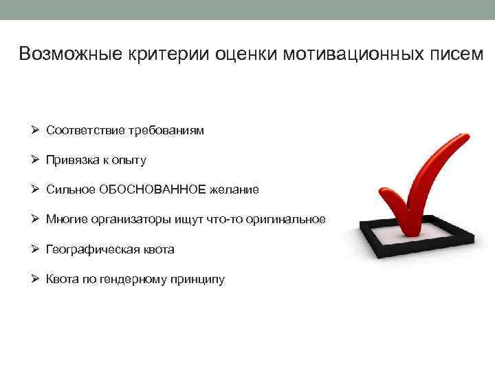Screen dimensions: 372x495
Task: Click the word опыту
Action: coord(129,161)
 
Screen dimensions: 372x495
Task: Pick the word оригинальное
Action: coord(291,220)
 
